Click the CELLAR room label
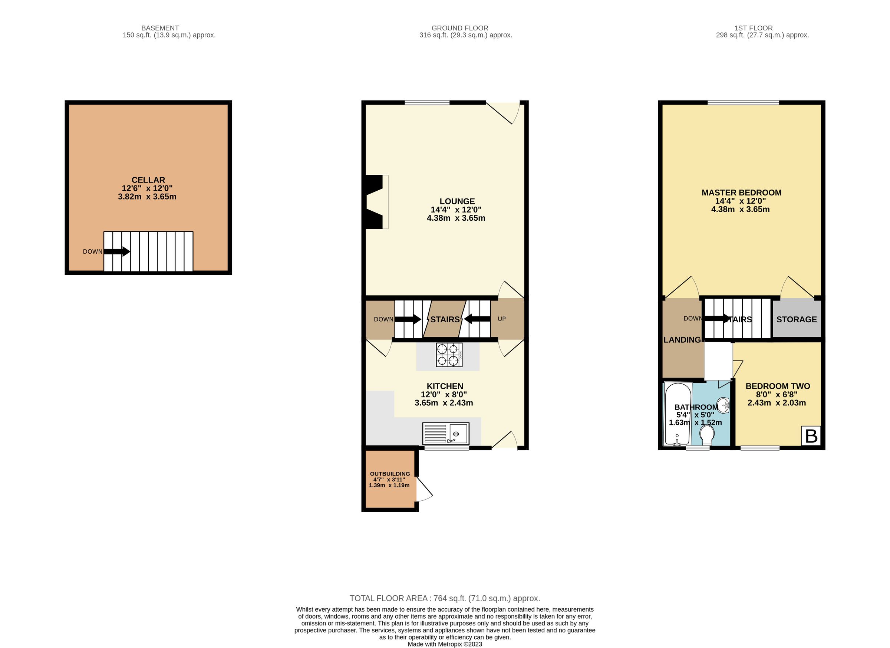coord(148,180)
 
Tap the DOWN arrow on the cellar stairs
coord(117,251)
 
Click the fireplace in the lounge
coord(376,202)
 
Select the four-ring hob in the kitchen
coord(449,355)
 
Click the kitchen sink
coord(446,434)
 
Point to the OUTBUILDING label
coord(390,474)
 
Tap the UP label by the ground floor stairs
coord(501,319)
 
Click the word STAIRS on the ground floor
coord(445,319)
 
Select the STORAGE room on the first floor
coord(796,319)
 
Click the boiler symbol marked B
coord(811,436)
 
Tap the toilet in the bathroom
coord(707,436)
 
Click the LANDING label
coord(682,340)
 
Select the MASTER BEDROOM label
coord(741,193)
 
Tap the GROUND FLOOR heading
coord(459,28)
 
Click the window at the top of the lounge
coord(427,103)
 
